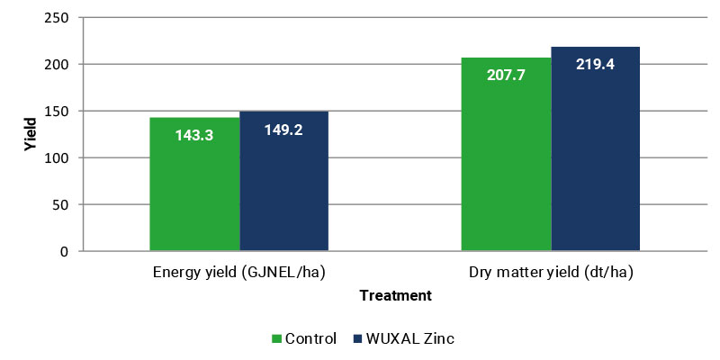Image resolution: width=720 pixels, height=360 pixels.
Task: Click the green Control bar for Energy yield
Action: click(194, 184)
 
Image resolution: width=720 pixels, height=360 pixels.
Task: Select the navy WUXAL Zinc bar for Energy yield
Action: click(283, 181)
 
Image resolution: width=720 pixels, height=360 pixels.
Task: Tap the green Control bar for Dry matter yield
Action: click(506, 154)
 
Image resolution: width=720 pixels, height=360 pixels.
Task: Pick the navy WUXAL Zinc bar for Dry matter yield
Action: click(596, 148)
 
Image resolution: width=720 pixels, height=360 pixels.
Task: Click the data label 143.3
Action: click(194, 136)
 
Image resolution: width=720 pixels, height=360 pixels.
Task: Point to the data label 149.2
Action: click(283, 130)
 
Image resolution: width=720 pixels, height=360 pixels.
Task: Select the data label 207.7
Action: click(506, 76)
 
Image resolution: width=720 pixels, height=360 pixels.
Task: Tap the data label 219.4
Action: click(595, 64)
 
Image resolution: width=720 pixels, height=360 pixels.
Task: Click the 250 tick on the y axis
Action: click(57, 17)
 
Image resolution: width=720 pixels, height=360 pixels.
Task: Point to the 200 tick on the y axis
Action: click(57, 64)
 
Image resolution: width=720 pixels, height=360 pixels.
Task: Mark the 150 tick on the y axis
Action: click(57, 111)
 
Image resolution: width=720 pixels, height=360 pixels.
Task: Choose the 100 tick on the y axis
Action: click(57, 158)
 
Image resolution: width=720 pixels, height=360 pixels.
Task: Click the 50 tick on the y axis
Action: click(61, 204)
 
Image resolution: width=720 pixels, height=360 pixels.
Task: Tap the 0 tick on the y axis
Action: click(65, 251)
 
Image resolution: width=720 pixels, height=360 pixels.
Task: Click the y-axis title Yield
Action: click(30, 134)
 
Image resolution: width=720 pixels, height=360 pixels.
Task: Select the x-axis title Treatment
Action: click(396, 295)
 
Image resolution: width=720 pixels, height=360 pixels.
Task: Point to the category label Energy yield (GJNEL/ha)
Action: click(239, 273)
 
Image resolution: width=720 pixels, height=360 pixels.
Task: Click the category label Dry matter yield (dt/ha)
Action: click(551, 273)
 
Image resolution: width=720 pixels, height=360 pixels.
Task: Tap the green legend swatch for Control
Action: click(276, 339)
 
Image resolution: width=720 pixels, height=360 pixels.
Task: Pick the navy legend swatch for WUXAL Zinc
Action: click(357, 339)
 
